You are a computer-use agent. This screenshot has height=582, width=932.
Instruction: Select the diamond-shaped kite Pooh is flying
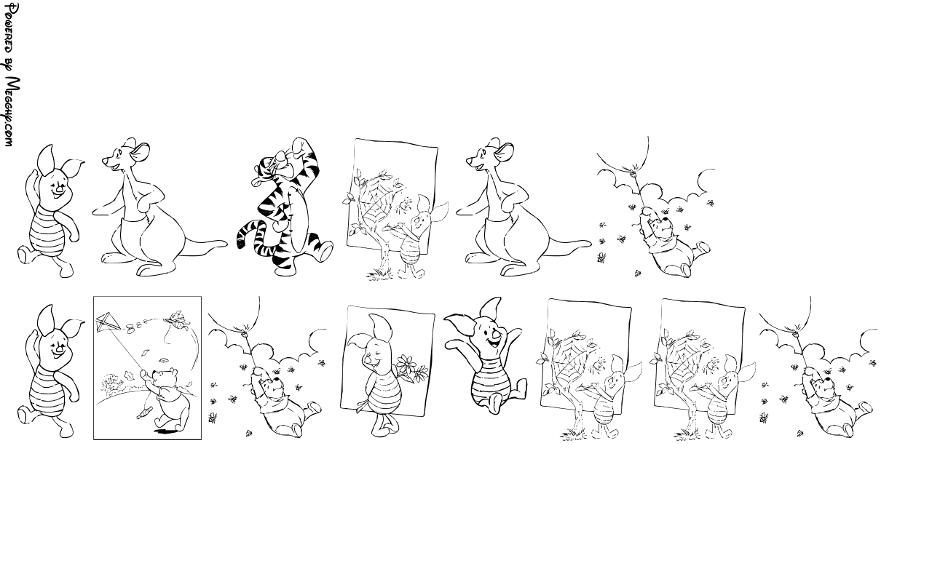click(x=108, y=323)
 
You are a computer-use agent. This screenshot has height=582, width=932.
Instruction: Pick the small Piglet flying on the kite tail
click(x=177, y=318)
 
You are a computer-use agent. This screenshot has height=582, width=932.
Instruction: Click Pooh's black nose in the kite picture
click(x=171, y=370)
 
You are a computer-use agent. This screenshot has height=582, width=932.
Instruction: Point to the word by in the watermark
click(x=10, y=65)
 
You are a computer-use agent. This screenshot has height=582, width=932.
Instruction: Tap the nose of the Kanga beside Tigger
click(x=104, y=161)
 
